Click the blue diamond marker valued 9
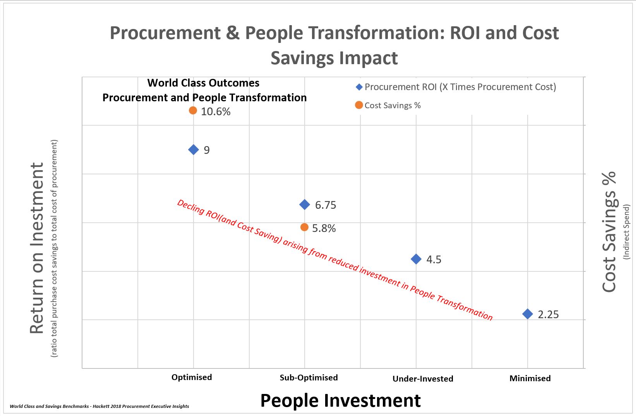[x=194, y=150]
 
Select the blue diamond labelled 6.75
[x=305, y=205]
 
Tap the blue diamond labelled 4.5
[x=416, y=259]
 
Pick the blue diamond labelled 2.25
[x=528, y=314]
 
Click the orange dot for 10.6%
[x=193, y=111]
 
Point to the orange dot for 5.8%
[x=304, y=227]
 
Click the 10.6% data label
[x=216, y=111]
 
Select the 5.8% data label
[x=324, y=228]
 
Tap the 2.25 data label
[x=548, y=314]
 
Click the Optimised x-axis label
[x=192, y=377]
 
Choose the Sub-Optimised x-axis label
[x=309, y=377]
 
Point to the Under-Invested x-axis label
[x=423, y=378]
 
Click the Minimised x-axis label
[x=530, y=378]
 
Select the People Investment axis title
[x=340, y=401]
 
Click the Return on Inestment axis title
[x=37, y=248]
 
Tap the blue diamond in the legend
[x=359, y=87]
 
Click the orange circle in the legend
[x=359, y=105]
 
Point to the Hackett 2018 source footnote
[x=99, y=406]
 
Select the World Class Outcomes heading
[x=203, y=83]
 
